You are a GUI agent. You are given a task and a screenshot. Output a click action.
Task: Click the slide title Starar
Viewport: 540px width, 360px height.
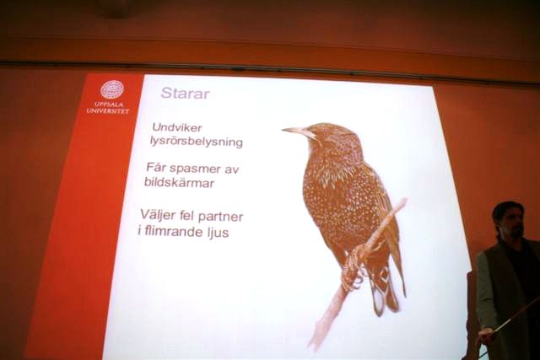click(x=186, y=93)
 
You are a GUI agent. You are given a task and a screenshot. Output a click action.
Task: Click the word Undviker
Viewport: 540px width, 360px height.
click(x=177, y=127)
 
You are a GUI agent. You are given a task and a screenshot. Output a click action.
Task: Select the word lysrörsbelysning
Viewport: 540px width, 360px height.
click(x=197, y=142)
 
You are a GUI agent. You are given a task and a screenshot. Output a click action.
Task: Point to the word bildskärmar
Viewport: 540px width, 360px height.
click(x=179, y=182)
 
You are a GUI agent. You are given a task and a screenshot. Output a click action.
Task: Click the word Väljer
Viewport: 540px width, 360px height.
click(x=156, y=216)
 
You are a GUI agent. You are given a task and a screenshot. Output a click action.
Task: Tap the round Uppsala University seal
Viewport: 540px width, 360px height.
click(x=112, y=89)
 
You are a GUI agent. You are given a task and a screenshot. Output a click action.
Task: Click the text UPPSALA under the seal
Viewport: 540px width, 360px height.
click(x=109, y=105)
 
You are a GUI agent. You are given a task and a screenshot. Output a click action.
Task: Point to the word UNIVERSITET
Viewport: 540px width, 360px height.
click(x=108, y=110)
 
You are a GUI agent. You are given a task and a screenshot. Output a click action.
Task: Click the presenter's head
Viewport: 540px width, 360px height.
click(x=508, y=220)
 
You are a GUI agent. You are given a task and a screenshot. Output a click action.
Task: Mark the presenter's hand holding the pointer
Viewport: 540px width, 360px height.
click(x=487, y=334)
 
